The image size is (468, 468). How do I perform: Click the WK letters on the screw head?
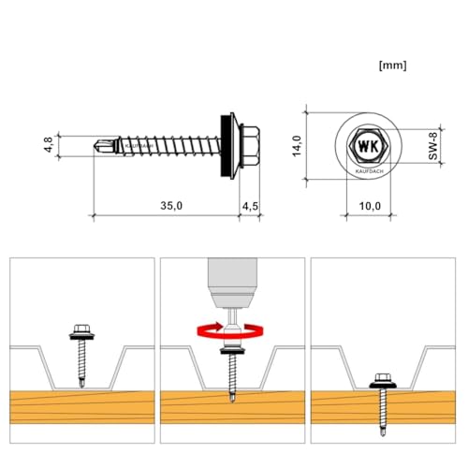pyautogui.click(x=366, y=148)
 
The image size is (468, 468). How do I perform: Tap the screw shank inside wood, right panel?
pyautogui.click(x=383, y=407)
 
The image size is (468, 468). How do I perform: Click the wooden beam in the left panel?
pyautogui.click(x=47, y=410)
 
